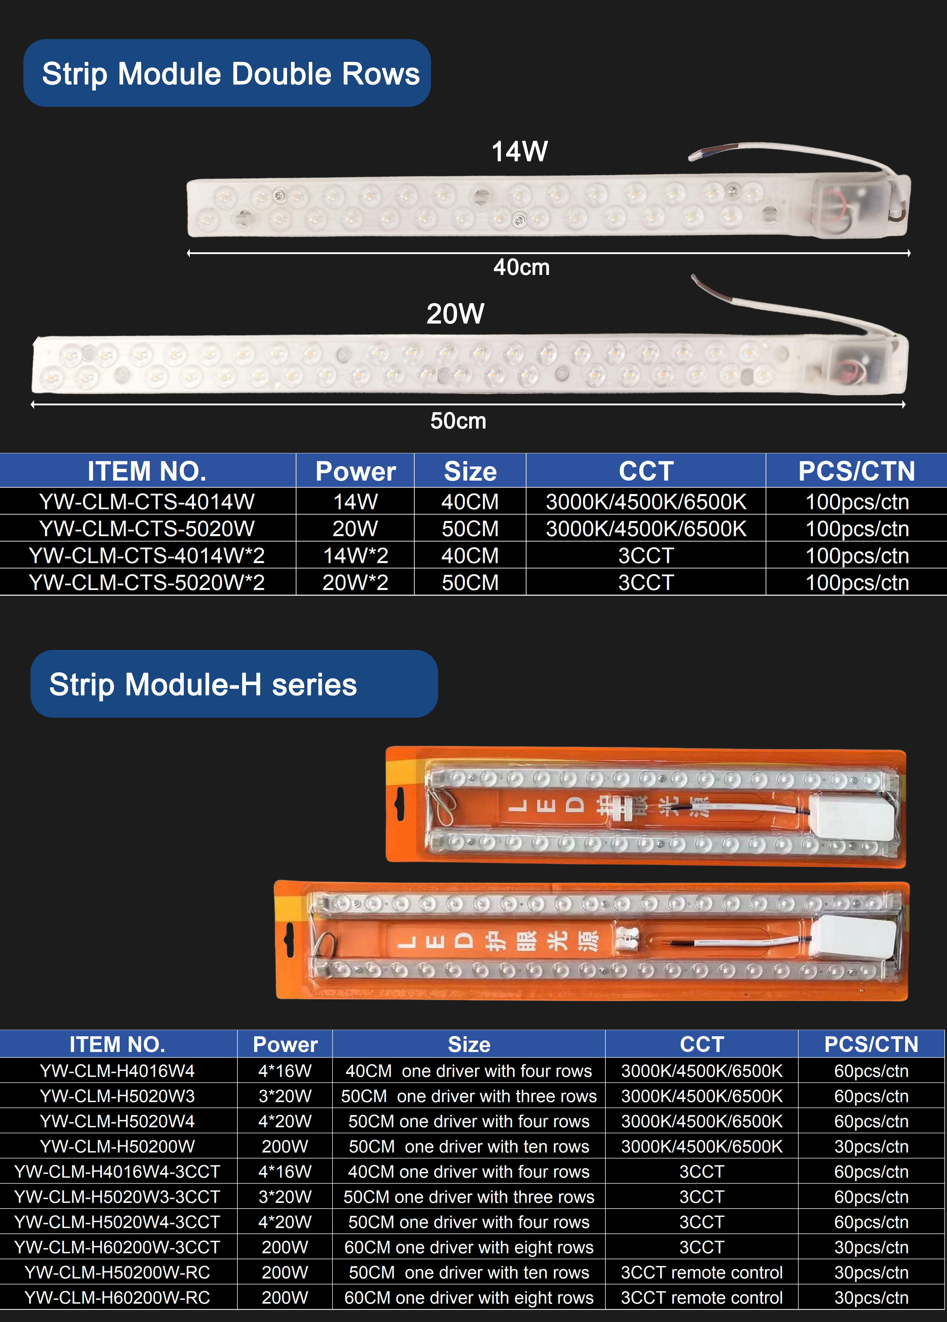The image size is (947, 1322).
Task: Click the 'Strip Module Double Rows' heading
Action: click(x=231, y=74)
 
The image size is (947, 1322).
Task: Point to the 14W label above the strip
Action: click(x=519, y=152)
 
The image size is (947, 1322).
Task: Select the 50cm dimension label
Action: click(x=458, y=421)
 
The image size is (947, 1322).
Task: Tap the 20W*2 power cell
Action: click(x=356, y=582)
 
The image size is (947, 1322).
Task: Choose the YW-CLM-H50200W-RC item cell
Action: click(x=118, y=1273)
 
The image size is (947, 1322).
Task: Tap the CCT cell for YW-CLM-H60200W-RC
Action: click(x=702, y=1297)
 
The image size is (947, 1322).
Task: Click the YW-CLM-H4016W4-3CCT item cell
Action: click(x=118, y=1172)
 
